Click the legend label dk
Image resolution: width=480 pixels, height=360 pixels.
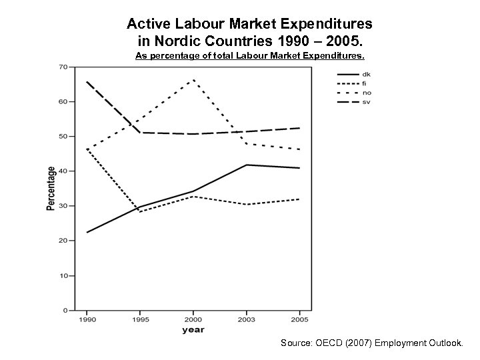[x=367, y=74]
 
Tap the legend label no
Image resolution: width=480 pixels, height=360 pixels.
[x=367, y=92]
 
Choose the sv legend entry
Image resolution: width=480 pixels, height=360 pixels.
[x=367, y=101]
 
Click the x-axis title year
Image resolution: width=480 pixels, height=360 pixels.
[x=193, y=330]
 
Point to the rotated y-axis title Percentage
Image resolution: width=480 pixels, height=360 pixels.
[x=51, y=189]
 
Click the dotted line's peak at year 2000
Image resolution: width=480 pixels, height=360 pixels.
[x=193, y=80]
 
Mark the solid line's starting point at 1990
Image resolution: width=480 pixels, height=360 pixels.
[x=87, y=233]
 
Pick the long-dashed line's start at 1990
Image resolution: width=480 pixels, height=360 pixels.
[x=87, y=81]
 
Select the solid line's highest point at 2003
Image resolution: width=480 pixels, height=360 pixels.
[x=247, y=165]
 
